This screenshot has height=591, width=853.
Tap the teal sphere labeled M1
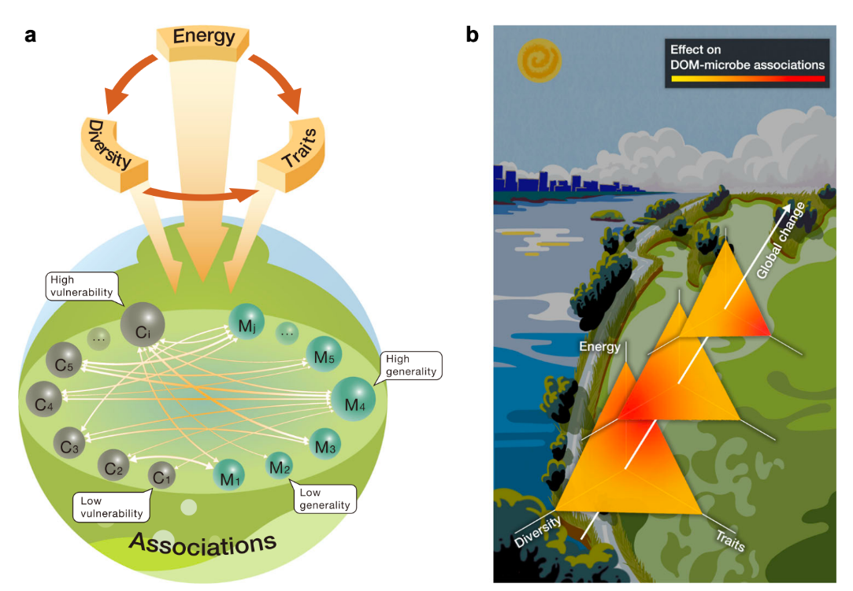click(229, 475)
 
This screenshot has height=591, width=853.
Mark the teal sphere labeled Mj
click(247, 323)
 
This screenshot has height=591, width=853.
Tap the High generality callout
click(412, 365)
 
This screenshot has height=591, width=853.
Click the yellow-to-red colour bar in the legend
click(747, 79)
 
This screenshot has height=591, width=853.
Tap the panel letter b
click(473, 35)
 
